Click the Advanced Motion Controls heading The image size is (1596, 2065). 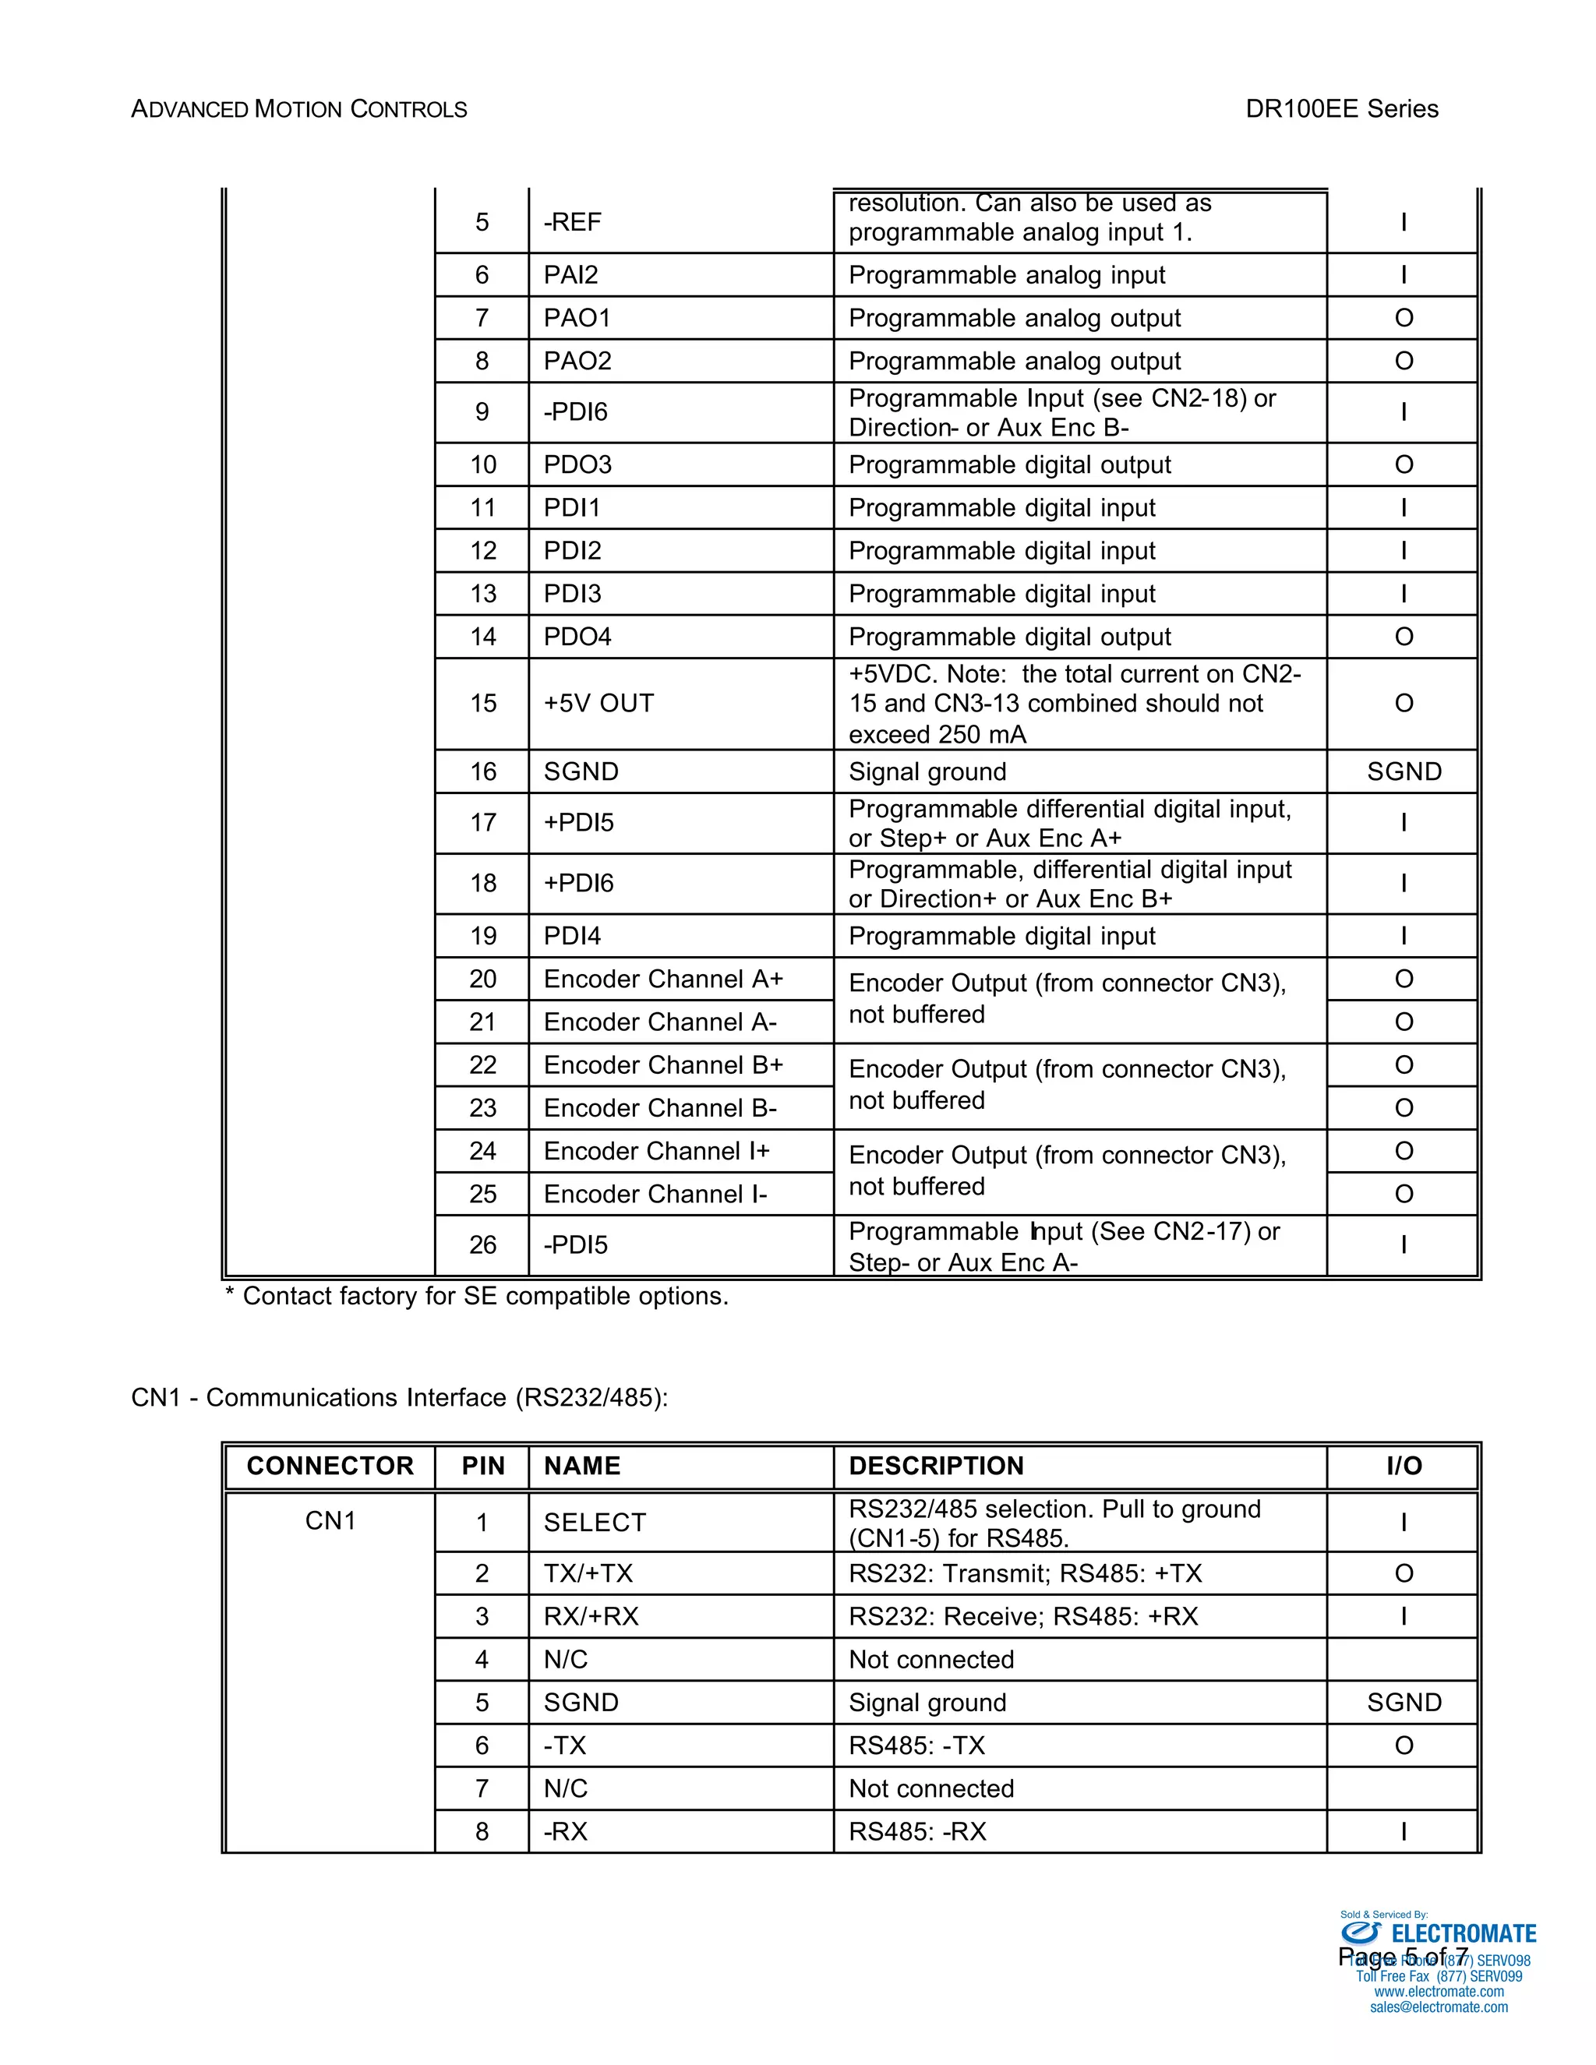298,110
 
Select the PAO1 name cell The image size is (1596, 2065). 577,318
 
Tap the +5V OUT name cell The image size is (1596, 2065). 598,704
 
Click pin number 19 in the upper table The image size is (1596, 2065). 482,936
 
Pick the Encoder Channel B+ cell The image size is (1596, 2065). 663,1064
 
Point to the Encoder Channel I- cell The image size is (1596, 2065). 655,1194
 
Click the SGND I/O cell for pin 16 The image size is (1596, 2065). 1403,771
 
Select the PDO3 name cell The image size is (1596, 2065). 577,464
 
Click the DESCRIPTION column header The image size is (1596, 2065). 936,1466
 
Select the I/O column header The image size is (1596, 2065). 1403,1466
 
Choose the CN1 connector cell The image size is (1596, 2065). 330,1520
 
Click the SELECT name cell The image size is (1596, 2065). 595,1523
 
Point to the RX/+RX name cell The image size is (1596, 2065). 591,1616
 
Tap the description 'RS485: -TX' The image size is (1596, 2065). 916,1746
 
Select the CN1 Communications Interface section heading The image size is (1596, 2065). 399,1397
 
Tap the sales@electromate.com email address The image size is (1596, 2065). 1438,2007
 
